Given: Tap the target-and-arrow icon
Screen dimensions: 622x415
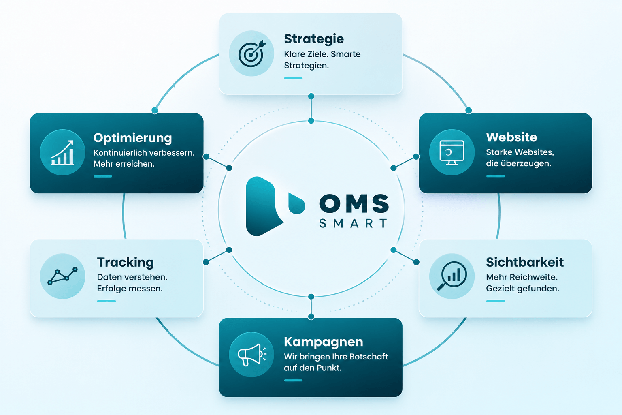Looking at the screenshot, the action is [x=251, y=53].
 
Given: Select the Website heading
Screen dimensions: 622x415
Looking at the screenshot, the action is [x=511, y=137].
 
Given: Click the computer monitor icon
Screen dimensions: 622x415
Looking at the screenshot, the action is [x=452, y=153].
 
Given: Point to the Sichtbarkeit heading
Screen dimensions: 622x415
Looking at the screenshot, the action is [x=525, y=262].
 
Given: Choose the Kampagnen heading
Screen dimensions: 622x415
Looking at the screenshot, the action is [x=324, y=342].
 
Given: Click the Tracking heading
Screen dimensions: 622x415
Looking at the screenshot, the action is [x=125, y=262].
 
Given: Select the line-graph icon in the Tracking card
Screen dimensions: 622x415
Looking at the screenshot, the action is [x=62, y=276].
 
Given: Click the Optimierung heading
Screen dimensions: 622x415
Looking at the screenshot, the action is [x=132, y=138].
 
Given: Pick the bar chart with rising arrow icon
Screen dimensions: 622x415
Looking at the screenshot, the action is [x=62, y=153].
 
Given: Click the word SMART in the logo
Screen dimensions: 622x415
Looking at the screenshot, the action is [x=353, y=223].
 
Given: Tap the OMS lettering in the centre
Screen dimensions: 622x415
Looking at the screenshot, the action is [x=354, y=203].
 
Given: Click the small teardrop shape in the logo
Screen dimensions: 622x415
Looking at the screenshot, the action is [x=296, y=203].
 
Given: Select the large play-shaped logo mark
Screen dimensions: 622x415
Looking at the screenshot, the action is [x=264, y=206].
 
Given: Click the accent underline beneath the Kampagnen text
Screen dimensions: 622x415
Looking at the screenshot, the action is [x=293, y=380].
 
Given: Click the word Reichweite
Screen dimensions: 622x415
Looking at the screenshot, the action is [x=533, y=277].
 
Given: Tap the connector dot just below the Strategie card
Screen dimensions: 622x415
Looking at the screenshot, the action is [x=311, y=96].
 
